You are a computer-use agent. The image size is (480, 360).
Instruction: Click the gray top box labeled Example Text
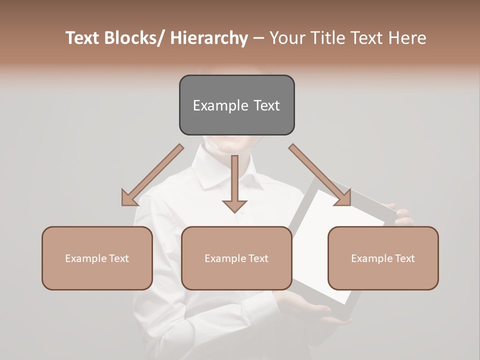point(236,105)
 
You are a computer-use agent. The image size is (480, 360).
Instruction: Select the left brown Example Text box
point(97,258)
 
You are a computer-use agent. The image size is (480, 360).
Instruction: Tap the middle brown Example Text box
point(236,258)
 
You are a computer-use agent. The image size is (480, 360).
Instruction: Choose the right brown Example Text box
point(383,258)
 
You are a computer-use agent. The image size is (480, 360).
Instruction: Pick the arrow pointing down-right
point(320,175)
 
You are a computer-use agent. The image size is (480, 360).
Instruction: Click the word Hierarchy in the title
point(209,38)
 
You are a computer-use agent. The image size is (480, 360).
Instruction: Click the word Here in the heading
point(406,38)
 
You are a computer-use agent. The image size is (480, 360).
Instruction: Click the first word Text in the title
point(82,38)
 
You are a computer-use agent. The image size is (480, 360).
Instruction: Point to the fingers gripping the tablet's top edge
point(402,215)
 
